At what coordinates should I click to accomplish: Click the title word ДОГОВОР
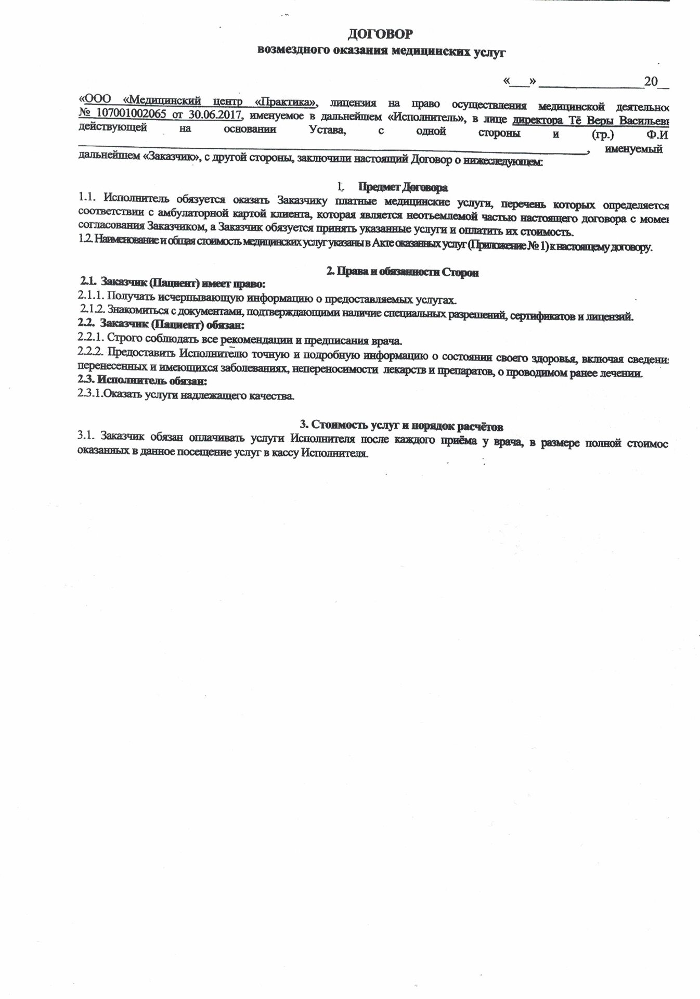click(382, 34)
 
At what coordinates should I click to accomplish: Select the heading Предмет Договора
click(403, 187)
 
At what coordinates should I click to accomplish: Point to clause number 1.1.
click(88, 198)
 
